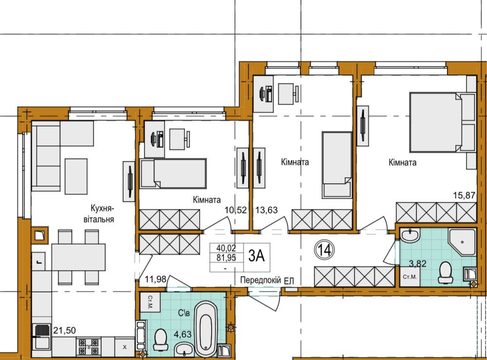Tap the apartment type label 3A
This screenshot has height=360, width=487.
coord(257,256)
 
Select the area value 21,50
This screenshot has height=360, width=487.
coord(64,330)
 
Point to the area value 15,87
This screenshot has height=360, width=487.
coord(464,195)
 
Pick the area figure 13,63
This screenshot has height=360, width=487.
coord(266,210)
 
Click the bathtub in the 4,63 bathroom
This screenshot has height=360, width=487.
coord(206,329)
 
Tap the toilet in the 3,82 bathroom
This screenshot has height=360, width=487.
coord(446,272)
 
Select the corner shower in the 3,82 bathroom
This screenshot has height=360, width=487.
coord(462,243)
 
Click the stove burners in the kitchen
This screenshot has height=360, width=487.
coord(88,347)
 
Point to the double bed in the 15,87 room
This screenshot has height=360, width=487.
coord(442,122)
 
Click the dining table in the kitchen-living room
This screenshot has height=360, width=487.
coord(78,257)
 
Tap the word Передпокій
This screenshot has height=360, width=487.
coord(261,280)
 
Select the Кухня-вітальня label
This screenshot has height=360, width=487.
coord(99,213)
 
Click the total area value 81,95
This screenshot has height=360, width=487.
coord(226,258)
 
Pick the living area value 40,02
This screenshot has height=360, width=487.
coord(226,248)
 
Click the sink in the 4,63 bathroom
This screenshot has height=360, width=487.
coord(185,350)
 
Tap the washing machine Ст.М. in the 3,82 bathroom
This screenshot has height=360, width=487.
coord(410,276)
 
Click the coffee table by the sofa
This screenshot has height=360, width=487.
coord(76,176)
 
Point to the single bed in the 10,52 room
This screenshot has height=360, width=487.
coord(173,173)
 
